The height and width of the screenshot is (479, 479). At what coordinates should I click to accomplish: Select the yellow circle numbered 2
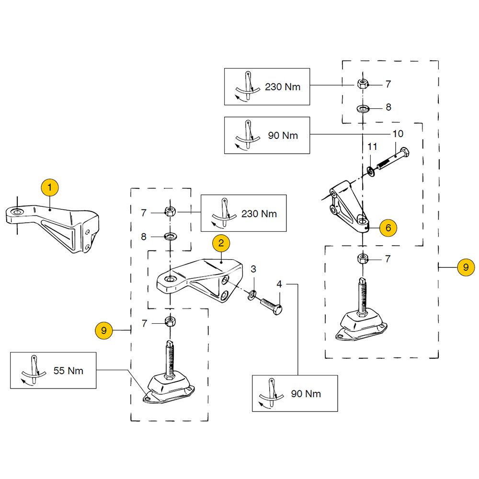221,243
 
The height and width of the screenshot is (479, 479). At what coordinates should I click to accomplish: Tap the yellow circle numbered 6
388,228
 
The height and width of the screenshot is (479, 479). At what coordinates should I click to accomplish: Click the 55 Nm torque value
68,370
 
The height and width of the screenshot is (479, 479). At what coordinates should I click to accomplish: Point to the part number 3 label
254,268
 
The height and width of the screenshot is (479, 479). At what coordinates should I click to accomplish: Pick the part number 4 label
279,284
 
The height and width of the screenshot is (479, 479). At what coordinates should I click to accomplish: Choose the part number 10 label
398,134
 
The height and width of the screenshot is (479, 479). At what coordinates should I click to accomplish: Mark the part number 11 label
373,145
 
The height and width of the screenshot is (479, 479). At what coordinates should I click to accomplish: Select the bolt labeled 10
394,160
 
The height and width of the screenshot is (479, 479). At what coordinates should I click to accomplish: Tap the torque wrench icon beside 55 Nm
33,370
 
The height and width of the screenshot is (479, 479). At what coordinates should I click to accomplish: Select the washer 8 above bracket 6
363,107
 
